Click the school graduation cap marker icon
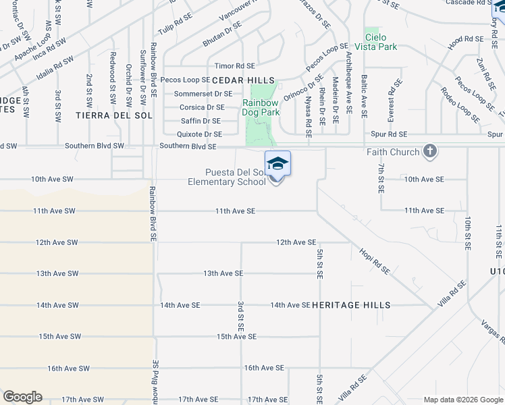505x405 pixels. click(x=277, y=164)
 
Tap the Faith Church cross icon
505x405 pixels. click(x=430, y=152)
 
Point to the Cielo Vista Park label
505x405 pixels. click(x=381, y=42)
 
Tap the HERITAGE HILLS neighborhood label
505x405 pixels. click(x=350, y=305)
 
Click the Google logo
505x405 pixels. click(x=22, y=397)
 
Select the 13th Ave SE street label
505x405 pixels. click(x=223, y=273)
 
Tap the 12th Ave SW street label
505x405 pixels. click(x=57, y=242)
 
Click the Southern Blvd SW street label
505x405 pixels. click(x=95, y=146)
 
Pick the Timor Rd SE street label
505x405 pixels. click(x=234, y=66)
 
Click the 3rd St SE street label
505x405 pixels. click(x=240, y=316)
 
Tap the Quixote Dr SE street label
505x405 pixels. click(x=198, y=134)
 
